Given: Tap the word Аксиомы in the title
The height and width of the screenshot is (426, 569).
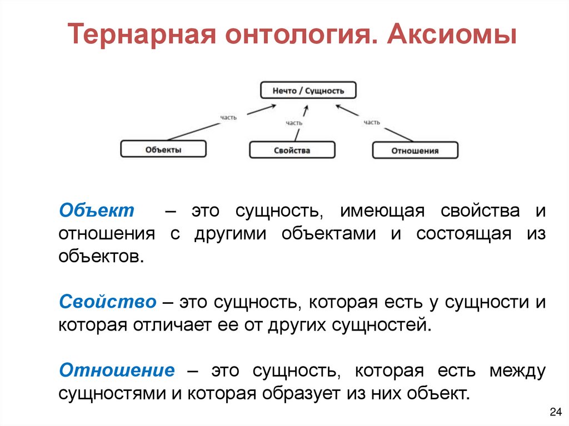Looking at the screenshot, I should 451,36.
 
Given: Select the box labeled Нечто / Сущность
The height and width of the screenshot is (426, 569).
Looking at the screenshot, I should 308,91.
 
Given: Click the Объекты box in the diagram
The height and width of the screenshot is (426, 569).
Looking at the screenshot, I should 163,149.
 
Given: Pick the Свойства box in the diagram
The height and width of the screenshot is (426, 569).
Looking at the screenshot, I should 292,150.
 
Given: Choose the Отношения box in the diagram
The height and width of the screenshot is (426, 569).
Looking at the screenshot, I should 415,151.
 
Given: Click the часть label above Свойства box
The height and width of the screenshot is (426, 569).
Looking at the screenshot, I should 294,123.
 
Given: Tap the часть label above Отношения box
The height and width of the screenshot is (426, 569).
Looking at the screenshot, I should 372,122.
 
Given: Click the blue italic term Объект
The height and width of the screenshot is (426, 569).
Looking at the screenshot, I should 97,211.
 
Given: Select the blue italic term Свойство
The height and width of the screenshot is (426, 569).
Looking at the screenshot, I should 108,302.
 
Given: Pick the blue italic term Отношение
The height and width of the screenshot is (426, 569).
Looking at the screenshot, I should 117,370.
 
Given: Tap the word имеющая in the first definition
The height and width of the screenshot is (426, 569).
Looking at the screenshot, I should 383,211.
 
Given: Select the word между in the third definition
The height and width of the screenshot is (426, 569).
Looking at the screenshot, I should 517,370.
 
